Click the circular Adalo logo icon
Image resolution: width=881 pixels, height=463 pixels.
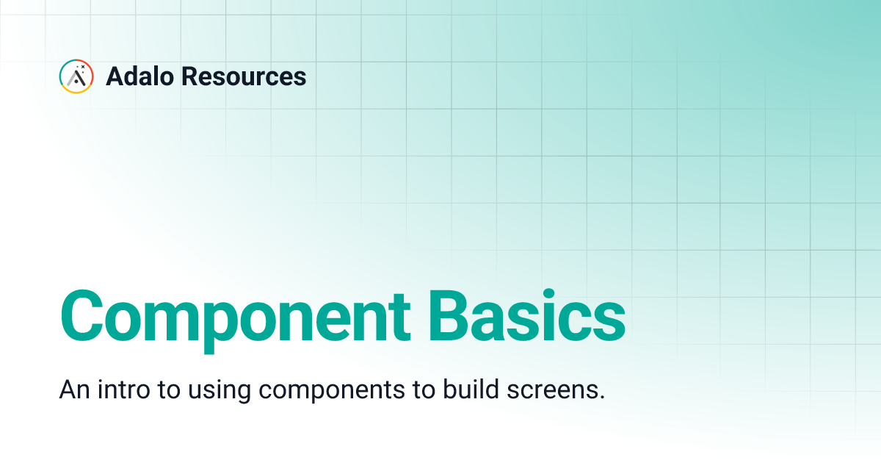click(76, 76)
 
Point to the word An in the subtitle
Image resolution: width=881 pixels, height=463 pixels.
click(71, 390)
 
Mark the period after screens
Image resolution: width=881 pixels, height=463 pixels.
click(602, 398)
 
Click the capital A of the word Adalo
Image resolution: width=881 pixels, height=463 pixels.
click(115, 76)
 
